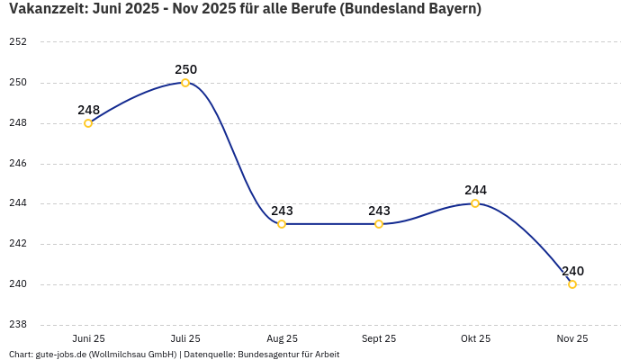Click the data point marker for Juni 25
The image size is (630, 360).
[x=88, y=123]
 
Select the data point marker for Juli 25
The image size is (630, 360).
[x=185, y=83]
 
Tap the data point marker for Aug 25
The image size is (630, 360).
[x=282, y=224]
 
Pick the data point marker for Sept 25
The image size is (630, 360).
[x=379, y=224]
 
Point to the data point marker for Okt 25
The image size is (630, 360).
[x=475, y=203]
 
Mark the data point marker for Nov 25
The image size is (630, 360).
[x=572, y=284]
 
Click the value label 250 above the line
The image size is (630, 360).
[x=185, y=69]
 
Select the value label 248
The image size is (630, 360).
[x=88, y=110]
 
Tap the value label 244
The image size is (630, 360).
[x=475, y=190]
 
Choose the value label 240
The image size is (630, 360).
[x=572, y=271]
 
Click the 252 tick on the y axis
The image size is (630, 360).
[x=18, y=42]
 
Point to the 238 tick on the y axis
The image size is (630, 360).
[x=18, y=325]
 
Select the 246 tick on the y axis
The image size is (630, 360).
[x=18, y=164]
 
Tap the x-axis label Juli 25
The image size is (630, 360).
[x=185, y=338]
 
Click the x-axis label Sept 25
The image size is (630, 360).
[x=379, y=338]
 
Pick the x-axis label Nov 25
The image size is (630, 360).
[x=572, y=338]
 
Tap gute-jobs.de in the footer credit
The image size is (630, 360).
[x=60, y=355]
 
